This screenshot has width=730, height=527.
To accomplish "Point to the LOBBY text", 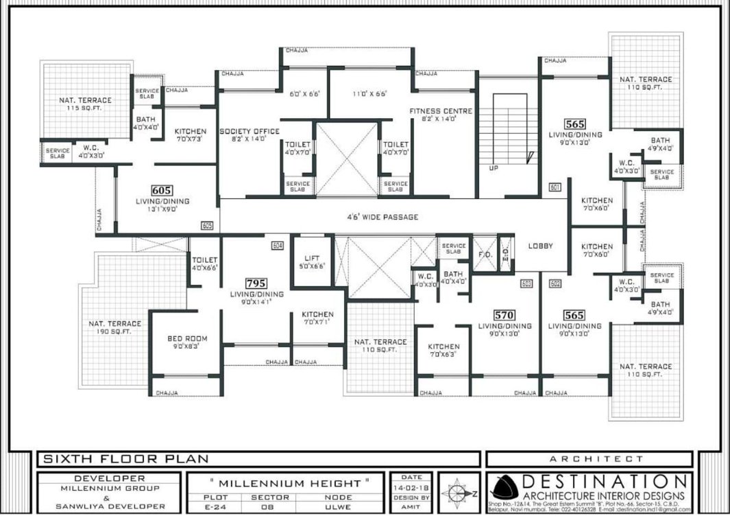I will (540, 246).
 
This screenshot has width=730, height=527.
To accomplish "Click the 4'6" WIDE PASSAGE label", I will (382, 218).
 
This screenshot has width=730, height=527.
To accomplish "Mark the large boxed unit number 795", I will (257, 283).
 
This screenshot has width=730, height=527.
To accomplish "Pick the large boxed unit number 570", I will (504, 315).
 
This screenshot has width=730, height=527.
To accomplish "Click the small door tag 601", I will (555, 187).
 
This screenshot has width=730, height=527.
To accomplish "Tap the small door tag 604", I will (278, 245).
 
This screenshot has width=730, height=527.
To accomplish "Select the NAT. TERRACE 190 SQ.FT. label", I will (114, 327).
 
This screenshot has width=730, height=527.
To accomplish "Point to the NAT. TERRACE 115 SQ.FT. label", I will (85, 104).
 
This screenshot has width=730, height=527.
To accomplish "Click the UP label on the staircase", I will (493, 167).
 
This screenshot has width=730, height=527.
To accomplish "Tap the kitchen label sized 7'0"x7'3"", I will (190, 135).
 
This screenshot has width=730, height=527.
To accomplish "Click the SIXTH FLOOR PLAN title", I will (125, 458).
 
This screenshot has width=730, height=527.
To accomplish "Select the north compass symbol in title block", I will (459, 493).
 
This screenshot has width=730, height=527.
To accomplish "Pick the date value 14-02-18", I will (411, 487).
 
